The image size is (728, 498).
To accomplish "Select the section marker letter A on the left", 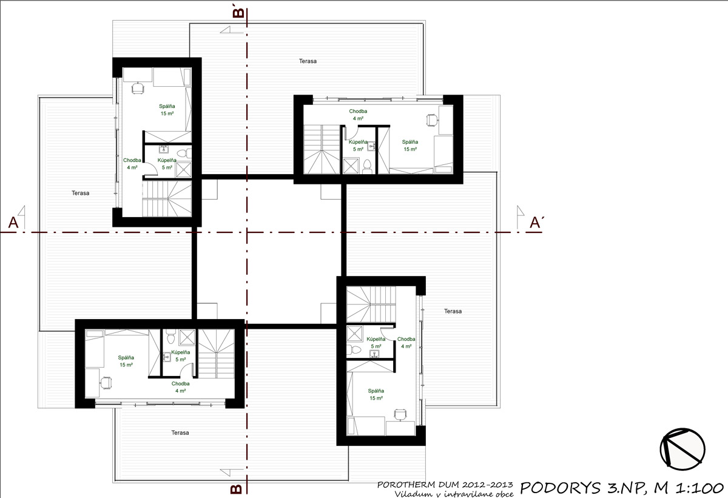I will [13, 223].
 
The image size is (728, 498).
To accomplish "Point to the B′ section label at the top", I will [238, 12].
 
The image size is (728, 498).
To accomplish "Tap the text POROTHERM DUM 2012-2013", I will [446, 485].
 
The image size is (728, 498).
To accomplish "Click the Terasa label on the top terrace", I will [308, 61].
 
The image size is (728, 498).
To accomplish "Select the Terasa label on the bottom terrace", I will [180, 432].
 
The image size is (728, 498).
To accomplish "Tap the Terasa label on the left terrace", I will [80, 193].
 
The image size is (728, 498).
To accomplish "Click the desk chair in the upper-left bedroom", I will [138, 87].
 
